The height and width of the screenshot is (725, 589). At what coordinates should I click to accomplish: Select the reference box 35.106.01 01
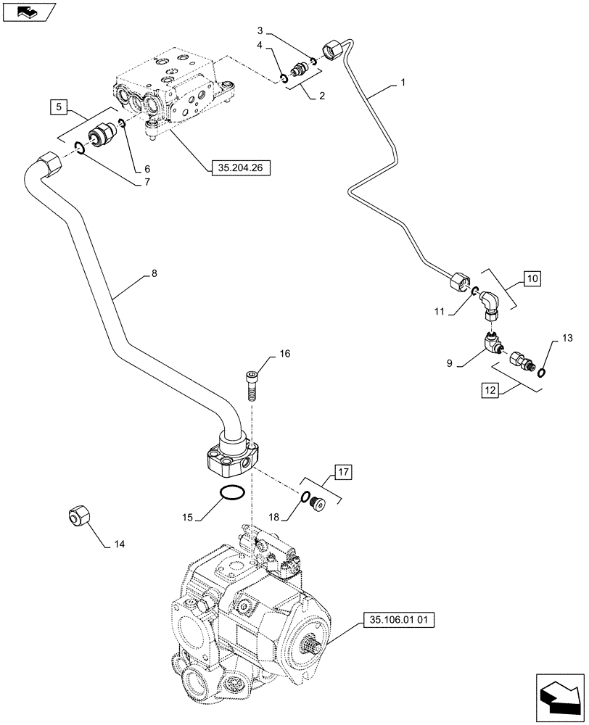395,621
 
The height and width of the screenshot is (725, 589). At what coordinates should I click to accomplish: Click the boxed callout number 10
531,278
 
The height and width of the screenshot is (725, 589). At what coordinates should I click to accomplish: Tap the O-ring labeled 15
231,494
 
